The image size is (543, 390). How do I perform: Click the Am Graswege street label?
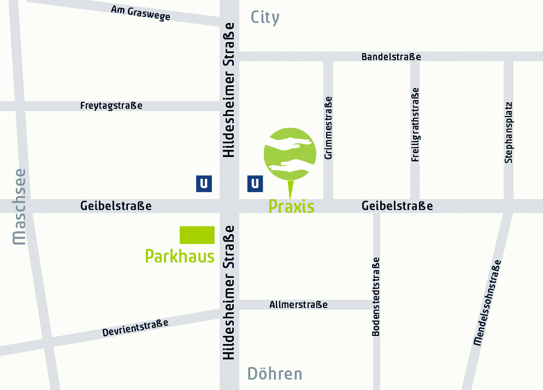point(140,13)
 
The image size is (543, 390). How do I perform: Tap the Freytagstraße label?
point(111,106)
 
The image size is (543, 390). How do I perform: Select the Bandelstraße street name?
point(391,57)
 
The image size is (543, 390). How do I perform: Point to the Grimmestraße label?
point(328,127)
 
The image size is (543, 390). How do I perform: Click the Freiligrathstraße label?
point(415,125)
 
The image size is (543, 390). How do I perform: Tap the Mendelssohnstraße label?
point(487,302)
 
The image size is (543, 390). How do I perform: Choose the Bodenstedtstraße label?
point(376,296)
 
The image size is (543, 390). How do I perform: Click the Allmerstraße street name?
point(298,305)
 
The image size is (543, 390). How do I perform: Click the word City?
point(265,18)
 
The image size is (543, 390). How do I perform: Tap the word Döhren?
point(275,374)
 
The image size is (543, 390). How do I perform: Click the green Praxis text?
point(291,207)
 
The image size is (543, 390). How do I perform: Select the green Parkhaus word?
point(180,256)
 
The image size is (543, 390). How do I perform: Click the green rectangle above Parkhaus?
point(197,235)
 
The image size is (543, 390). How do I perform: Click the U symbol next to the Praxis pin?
point(255,184)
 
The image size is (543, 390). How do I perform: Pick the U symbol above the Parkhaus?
point(204,184)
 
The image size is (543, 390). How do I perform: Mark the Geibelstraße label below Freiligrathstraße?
point(397,206)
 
